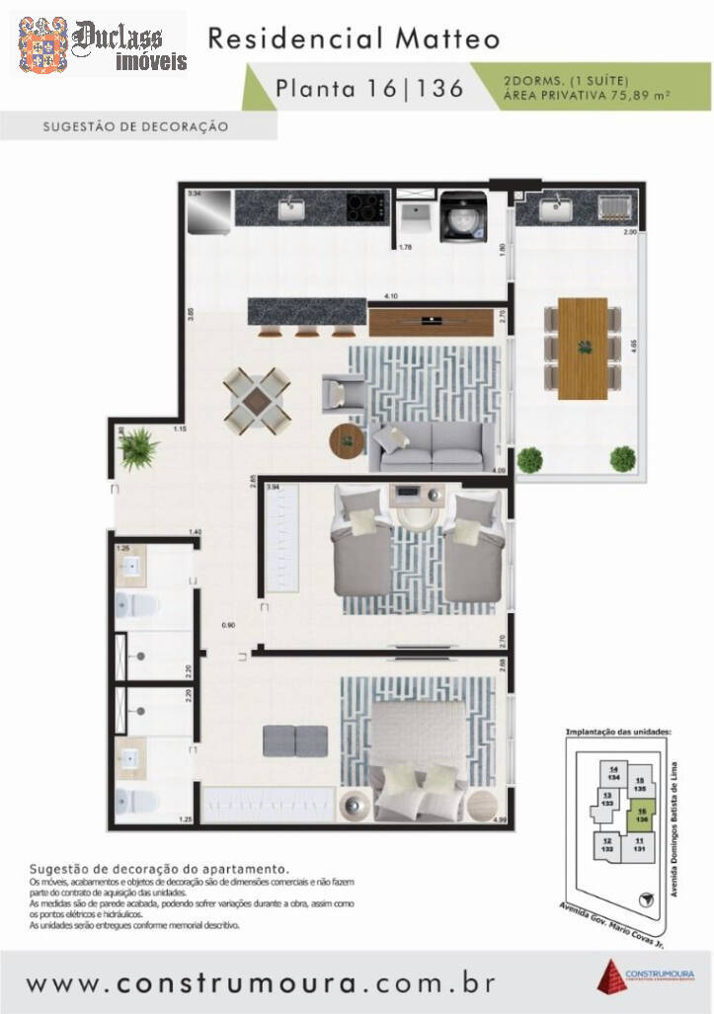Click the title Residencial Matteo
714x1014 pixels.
pos(353,39)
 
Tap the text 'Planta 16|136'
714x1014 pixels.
pos(369,88)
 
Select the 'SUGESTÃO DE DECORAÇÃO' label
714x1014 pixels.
pos(136,126)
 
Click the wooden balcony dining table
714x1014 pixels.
pos(583,349)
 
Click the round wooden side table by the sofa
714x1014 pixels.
pos(347,440)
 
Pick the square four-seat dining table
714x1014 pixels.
pos(257,401)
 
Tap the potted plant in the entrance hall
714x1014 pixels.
pos(139,449)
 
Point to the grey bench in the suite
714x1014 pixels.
pos(296,738)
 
